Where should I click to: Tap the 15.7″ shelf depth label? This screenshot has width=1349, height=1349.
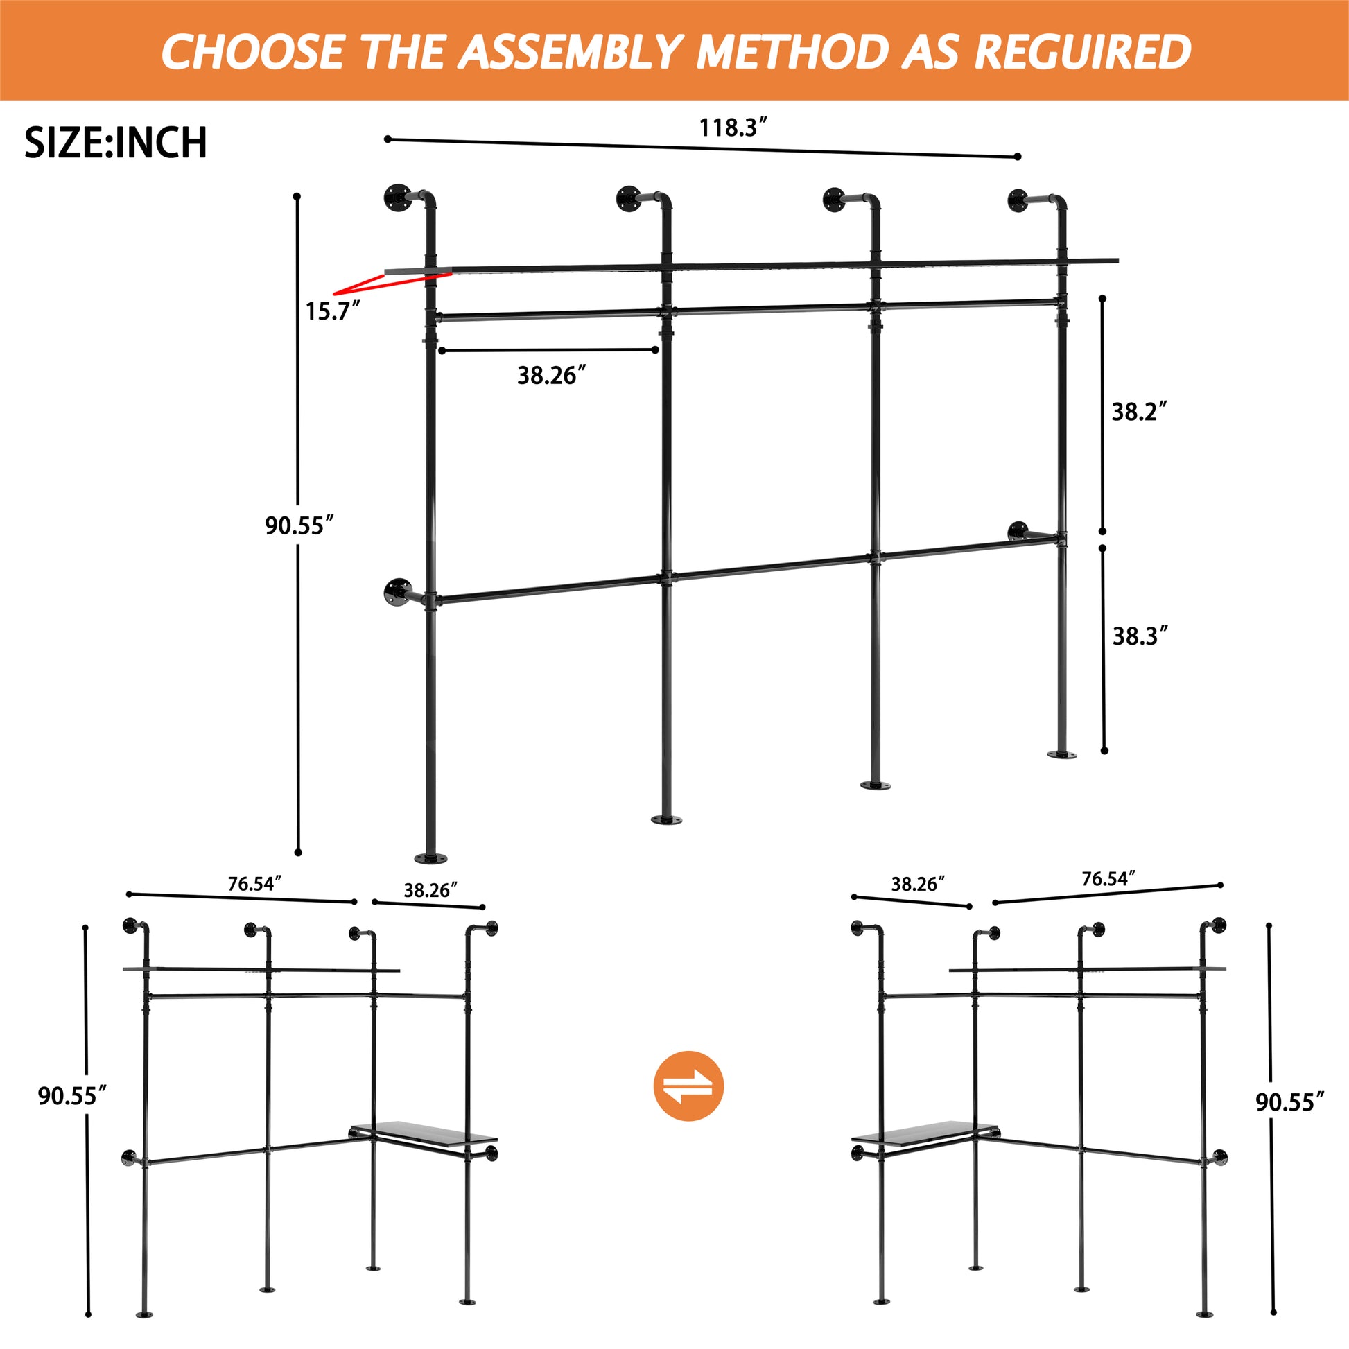pyautogui.click(x=332, y=311)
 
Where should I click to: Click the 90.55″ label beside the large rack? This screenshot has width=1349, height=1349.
pyautogui.click(x=299, y=525)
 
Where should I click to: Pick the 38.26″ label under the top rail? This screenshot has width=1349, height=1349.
pyautogui.click(x=551, y=376)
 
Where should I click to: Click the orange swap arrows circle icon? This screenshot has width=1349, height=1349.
pyautogui.click(x=688, y=1086)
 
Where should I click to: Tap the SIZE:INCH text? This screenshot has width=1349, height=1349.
pyautogui.click(x=116, y=143)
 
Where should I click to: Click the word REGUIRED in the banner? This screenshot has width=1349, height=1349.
pyautogui.click(x=1081, y=52)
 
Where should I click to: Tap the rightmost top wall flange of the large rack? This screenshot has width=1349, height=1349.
pyautogui.click(x=1021, y=200)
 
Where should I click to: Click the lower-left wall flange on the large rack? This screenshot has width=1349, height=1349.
pyautogui.click(x=398, y=592)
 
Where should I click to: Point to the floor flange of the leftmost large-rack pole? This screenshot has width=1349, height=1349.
pyautogui.click(x=430, y=858)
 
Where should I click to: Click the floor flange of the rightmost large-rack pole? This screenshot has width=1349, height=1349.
pyautogui.click(x=1061, y=755)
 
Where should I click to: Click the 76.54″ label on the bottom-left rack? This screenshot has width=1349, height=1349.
pyautogui.click(x=254, y=884)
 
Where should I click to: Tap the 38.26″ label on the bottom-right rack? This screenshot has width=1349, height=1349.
pyautogui.click(x=918, y=884)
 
